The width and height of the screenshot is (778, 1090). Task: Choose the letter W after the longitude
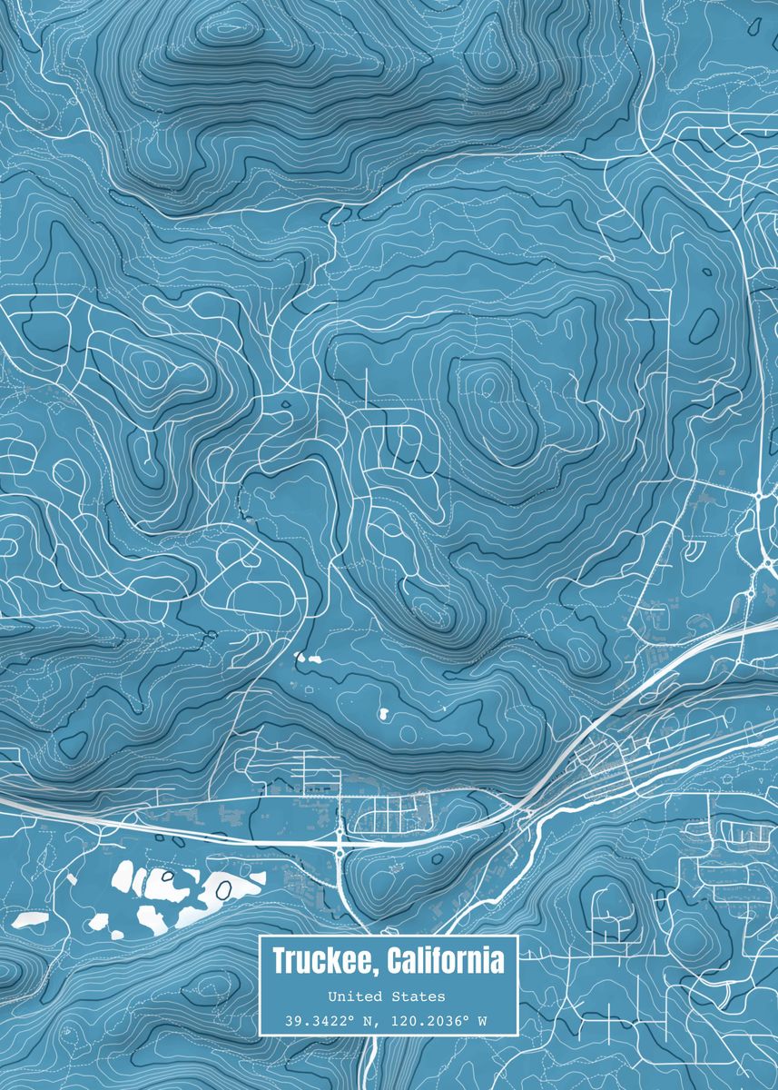tap(483, 1021)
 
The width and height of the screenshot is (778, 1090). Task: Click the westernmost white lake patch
tap(30, 920)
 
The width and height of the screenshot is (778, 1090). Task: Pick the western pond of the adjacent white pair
tap(300, 656)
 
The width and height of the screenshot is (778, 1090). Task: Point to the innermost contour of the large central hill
tap(487, 388)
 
